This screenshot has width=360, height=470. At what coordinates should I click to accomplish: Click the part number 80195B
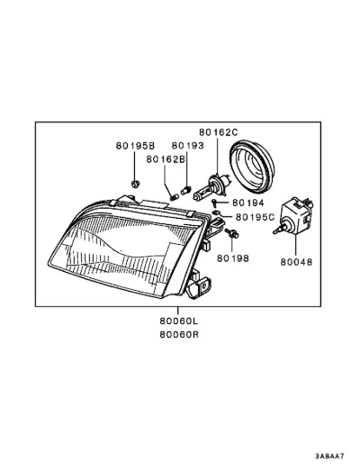[135, 146]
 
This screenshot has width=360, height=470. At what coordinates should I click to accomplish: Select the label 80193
[188, 146]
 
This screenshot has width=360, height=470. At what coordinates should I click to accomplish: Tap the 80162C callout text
[219, 132]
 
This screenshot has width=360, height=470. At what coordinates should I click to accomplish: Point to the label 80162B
[166, 159]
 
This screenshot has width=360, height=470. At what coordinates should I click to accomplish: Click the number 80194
[248, 203]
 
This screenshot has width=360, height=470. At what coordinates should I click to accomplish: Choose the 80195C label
[255, 217]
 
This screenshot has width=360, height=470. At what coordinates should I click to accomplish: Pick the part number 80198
[233, 258]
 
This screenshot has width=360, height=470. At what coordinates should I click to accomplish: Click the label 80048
[296, 262]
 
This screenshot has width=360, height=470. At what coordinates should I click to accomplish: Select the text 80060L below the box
[179, 321]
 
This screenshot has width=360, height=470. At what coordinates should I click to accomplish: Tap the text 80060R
[179, 334]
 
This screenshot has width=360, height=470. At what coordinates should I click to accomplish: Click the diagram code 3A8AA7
[329, 456]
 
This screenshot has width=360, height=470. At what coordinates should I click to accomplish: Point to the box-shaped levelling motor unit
[294, 215]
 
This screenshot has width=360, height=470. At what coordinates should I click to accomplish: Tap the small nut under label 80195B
[136, 184]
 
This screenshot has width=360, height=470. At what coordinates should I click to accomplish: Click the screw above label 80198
[231, 233]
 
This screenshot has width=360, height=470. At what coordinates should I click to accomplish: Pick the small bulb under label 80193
[186, 190]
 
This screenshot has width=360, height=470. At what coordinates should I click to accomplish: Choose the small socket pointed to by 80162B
[175, 197]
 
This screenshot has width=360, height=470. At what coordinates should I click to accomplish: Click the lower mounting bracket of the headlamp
[198, 285]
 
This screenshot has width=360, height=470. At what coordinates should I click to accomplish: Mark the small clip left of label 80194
[214, 203]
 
